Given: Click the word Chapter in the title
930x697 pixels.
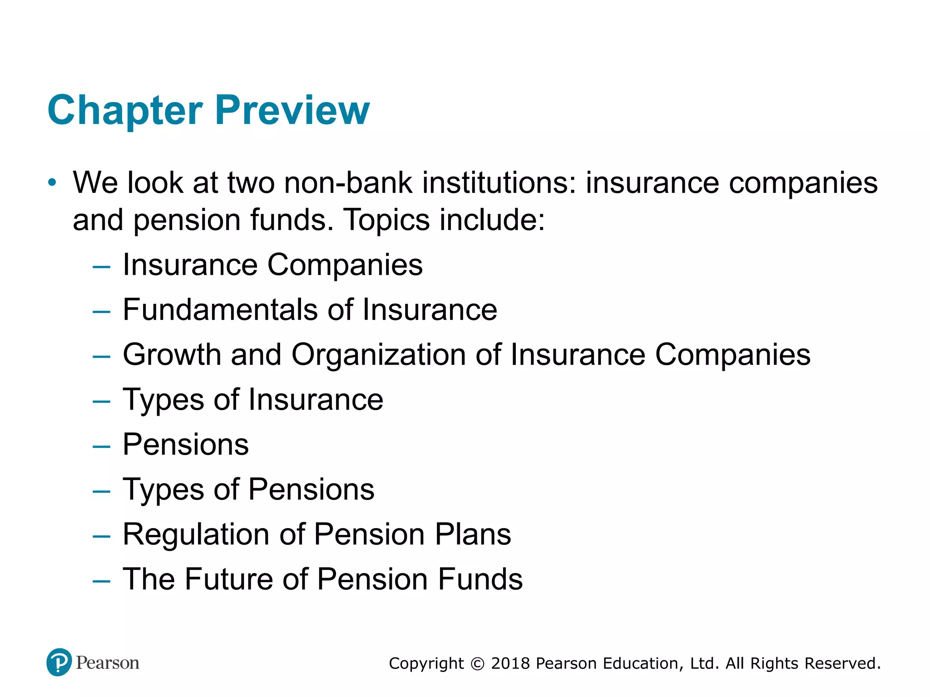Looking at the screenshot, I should tap(125, 110).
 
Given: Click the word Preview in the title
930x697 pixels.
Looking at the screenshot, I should tap(292, 110).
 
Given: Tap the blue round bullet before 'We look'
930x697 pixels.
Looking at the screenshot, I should tap(53, 183).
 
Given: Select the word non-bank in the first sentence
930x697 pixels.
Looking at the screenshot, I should tap(348, 183).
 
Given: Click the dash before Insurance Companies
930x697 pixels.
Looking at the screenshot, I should tap(101, 266).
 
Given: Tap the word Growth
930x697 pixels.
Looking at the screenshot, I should tap(172, 354).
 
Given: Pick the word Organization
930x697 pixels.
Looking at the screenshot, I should tap(378, 354).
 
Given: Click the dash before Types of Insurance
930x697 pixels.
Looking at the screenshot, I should tap(101, 401).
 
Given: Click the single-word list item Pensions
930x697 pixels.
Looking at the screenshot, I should tap(186, 444).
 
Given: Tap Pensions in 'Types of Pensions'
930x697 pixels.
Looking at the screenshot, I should tap(312, 490).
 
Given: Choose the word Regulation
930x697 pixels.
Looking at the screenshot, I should tap(196, 534).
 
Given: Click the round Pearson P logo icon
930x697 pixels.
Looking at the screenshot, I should tap(59, 662).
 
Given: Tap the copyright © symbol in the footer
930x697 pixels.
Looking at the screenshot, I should tap(477, 664).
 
